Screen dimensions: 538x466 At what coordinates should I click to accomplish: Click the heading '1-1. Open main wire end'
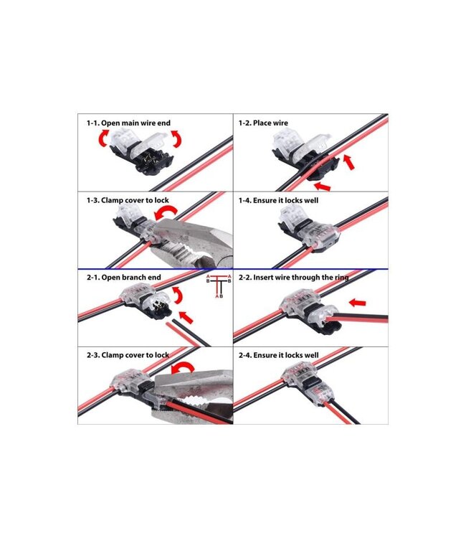click(128, 123)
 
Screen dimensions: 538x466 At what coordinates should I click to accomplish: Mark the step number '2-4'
click(247, 355)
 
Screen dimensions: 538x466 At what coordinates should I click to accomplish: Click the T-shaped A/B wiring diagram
click(216, 285)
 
